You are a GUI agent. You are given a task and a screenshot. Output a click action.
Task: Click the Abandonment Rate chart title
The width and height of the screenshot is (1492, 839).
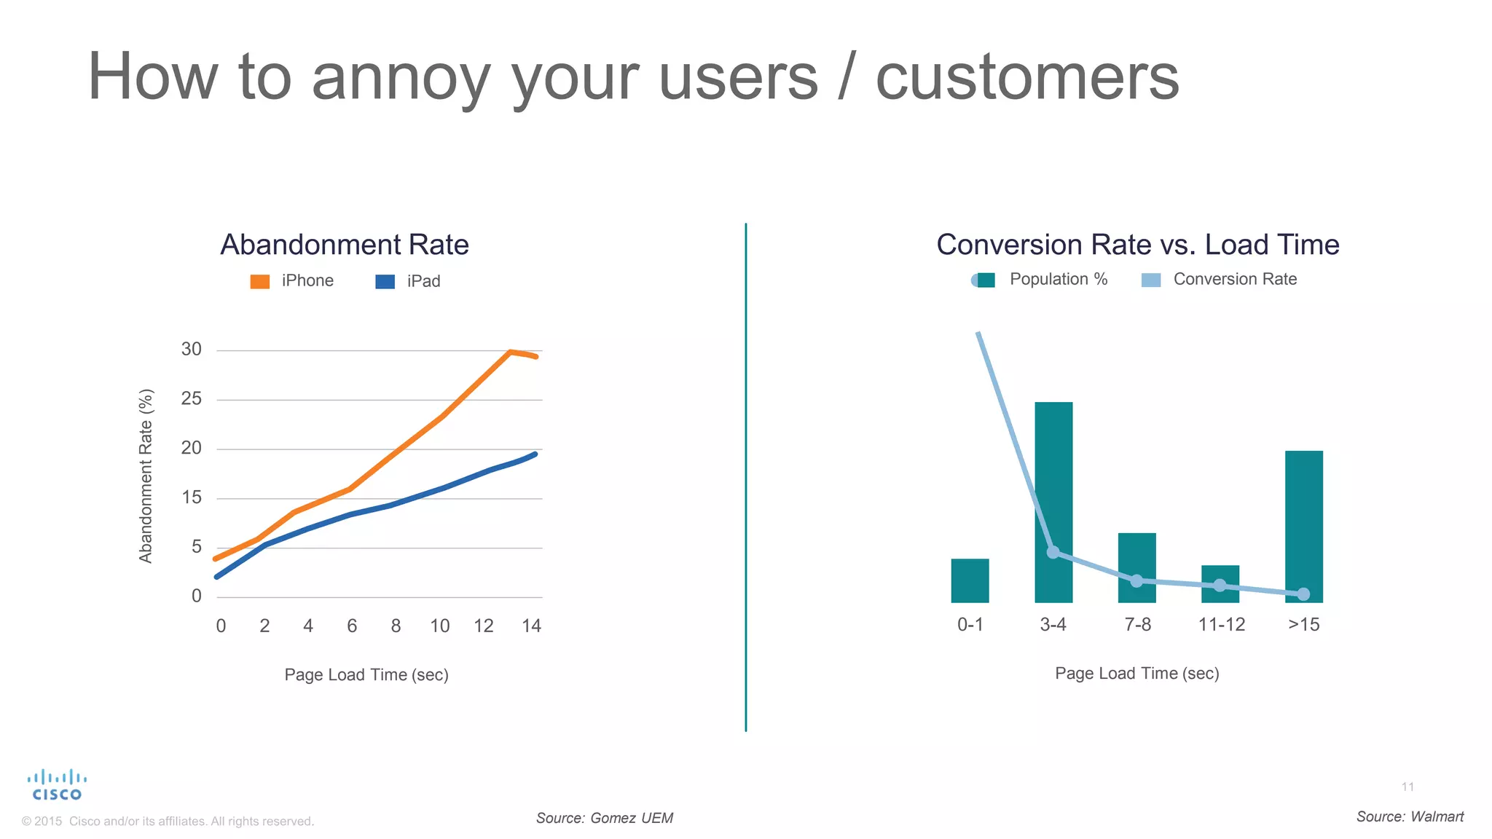click(344, 245)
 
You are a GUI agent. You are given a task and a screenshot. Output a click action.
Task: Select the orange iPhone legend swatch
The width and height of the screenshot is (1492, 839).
click(260, 282)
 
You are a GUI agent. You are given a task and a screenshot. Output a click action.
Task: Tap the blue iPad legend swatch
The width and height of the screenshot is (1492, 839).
click(385, 282)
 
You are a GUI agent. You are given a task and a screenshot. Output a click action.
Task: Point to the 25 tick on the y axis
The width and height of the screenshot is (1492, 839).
click(192, 398)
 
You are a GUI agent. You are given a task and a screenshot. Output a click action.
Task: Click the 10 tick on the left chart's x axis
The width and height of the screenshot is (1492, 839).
click(439, 626)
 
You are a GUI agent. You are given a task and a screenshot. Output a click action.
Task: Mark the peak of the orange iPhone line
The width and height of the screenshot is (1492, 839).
click(510, 352)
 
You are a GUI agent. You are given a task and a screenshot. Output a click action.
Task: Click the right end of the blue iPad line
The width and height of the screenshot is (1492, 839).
click(535, 454)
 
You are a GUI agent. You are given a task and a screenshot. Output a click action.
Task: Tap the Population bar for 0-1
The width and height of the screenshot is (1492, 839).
click(970, 580)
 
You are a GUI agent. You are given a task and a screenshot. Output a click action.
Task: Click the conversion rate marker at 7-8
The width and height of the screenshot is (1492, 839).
click(1136, 580)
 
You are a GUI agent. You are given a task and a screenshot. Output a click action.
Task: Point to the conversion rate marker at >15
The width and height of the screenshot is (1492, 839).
click(1303, 594)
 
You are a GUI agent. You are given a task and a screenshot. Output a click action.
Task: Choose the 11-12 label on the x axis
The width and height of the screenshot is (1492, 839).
click(1221, 624)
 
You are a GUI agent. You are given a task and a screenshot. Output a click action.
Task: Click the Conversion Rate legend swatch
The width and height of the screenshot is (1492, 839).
click(1151, 280)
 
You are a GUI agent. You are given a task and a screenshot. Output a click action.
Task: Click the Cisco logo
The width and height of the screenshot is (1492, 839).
click(57, 785)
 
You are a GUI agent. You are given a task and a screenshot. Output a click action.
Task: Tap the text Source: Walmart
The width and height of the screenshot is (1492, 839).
click(1410, 816)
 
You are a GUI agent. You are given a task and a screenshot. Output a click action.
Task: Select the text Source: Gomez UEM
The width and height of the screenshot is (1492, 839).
click(604, 818)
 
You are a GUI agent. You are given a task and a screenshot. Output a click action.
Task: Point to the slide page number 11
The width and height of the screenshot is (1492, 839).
click(1407, 787)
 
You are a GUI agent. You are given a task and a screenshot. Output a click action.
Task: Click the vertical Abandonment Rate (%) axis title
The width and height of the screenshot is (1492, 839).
click(146, 476)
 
